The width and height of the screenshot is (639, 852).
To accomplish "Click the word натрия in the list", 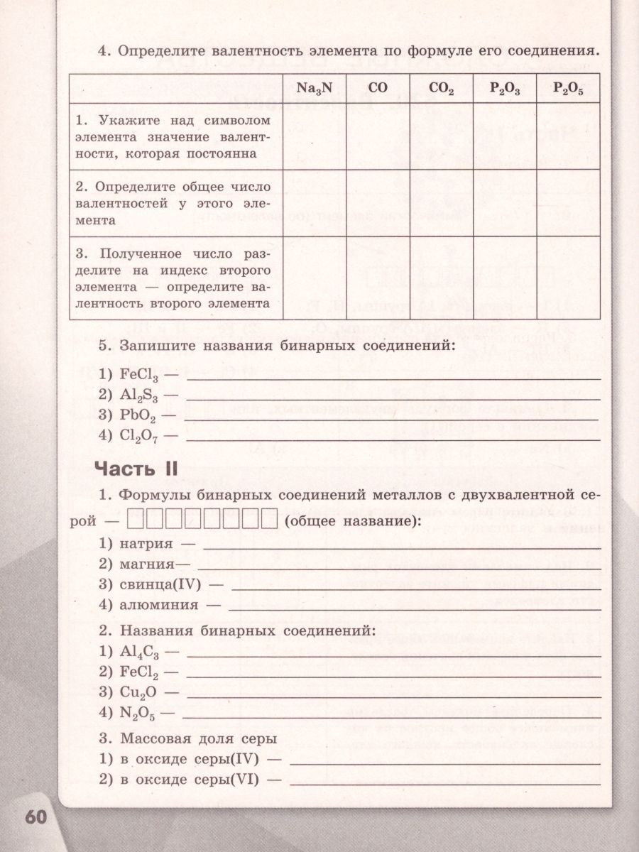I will click(x=143, y=544).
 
